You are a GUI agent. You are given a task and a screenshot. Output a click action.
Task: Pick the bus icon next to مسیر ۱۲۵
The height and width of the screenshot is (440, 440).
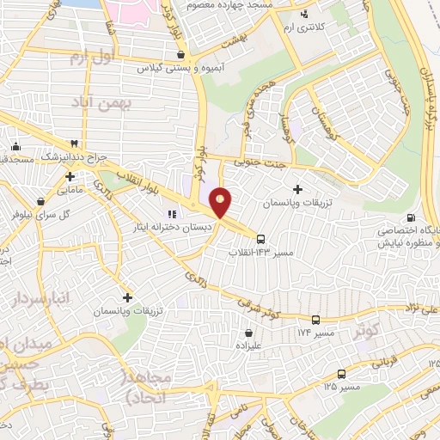click(341, 374)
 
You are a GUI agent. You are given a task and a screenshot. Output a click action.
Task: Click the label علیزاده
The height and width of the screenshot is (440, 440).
click(248, 345)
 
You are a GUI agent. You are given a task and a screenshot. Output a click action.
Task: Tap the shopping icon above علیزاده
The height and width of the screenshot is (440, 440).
click(248, 333)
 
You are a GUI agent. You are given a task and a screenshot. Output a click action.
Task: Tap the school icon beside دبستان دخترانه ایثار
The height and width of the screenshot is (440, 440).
click(172, 214)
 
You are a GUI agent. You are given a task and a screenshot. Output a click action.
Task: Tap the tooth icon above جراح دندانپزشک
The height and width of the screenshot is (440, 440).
click(75, 144)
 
